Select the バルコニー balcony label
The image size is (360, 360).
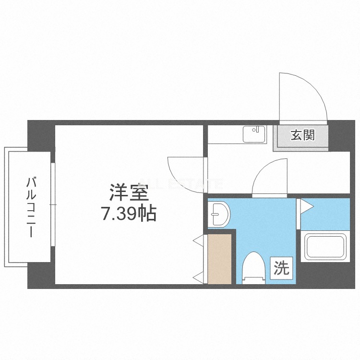32,207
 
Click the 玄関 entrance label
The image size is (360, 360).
303,135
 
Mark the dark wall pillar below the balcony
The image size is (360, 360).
40,276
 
